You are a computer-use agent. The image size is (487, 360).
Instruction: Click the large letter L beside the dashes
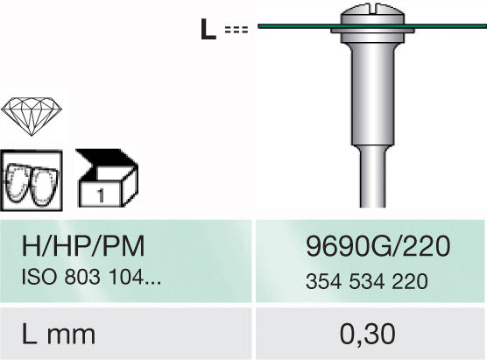click(208, 29)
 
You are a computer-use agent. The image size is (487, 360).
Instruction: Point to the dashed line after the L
click(236, 30)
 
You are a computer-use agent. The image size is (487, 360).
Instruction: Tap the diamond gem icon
click(32, 116)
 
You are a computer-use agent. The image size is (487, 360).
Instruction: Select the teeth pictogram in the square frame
click(31, 180)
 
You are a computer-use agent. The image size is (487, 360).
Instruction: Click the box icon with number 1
click(107, 178)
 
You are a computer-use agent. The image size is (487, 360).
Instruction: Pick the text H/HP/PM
click(83, 246)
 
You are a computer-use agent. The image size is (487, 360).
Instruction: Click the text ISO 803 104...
click(91, 277)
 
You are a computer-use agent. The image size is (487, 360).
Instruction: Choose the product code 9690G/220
click(378, 246)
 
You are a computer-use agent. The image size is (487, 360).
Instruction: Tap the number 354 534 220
click(367, 281)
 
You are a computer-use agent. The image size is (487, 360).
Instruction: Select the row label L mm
click(59, 334)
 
